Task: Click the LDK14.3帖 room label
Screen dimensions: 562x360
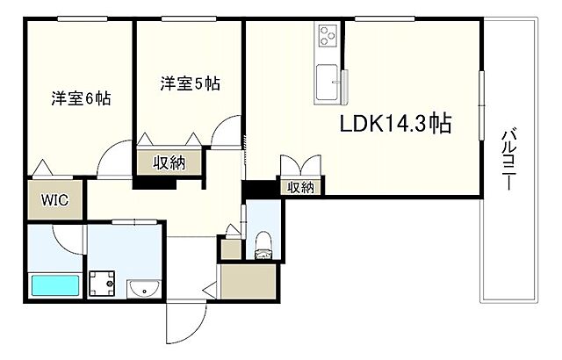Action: (395, 124)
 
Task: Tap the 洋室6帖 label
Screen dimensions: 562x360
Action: (81, 98)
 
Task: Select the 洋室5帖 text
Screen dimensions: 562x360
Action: (190, 83)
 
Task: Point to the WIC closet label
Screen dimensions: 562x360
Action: (54, 200)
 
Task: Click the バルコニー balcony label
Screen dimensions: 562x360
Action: (508, 159)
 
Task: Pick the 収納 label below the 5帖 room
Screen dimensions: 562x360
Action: (169, 163)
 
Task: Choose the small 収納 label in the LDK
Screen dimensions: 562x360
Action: (301, 187)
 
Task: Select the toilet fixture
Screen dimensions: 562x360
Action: (263, 245)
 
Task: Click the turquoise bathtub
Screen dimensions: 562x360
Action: (55, 285)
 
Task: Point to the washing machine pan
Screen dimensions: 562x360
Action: (102, 284)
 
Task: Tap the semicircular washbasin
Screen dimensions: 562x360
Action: (143, 288)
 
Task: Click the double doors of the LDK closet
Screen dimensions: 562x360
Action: (300, 165)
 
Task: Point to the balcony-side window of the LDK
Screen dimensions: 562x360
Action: (482, 105)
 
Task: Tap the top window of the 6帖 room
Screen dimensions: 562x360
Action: (83, 19)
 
